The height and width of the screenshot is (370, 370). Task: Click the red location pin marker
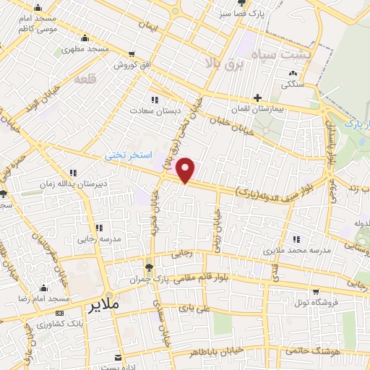186,169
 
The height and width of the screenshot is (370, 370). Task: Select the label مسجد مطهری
85,49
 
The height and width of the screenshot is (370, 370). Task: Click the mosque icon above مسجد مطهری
85,38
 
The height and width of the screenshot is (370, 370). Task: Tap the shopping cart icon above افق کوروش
132,54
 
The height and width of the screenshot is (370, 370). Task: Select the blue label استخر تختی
129,155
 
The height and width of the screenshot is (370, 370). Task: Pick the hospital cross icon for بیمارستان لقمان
258,98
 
